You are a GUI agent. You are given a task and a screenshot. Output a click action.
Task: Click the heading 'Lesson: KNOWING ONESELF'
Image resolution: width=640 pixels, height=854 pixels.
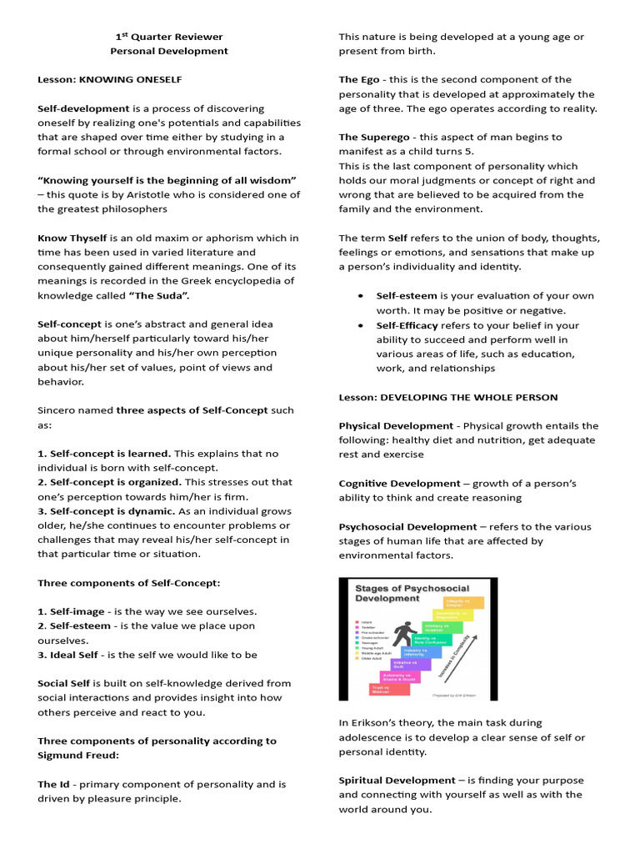tap(109, 79)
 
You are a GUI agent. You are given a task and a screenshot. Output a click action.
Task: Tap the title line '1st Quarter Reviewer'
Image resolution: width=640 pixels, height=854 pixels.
tap(169, 37)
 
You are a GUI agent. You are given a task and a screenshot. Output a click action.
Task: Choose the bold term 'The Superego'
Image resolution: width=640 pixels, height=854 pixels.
tap(367, 137)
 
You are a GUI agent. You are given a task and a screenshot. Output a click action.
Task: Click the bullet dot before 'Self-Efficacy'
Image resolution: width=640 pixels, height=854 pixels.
tap(359, 325)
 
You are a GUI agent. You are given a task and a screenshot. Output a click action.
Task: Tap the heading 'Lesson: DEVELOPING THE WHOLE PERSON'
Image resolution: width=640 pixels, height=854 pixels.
tap(448, 397)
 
